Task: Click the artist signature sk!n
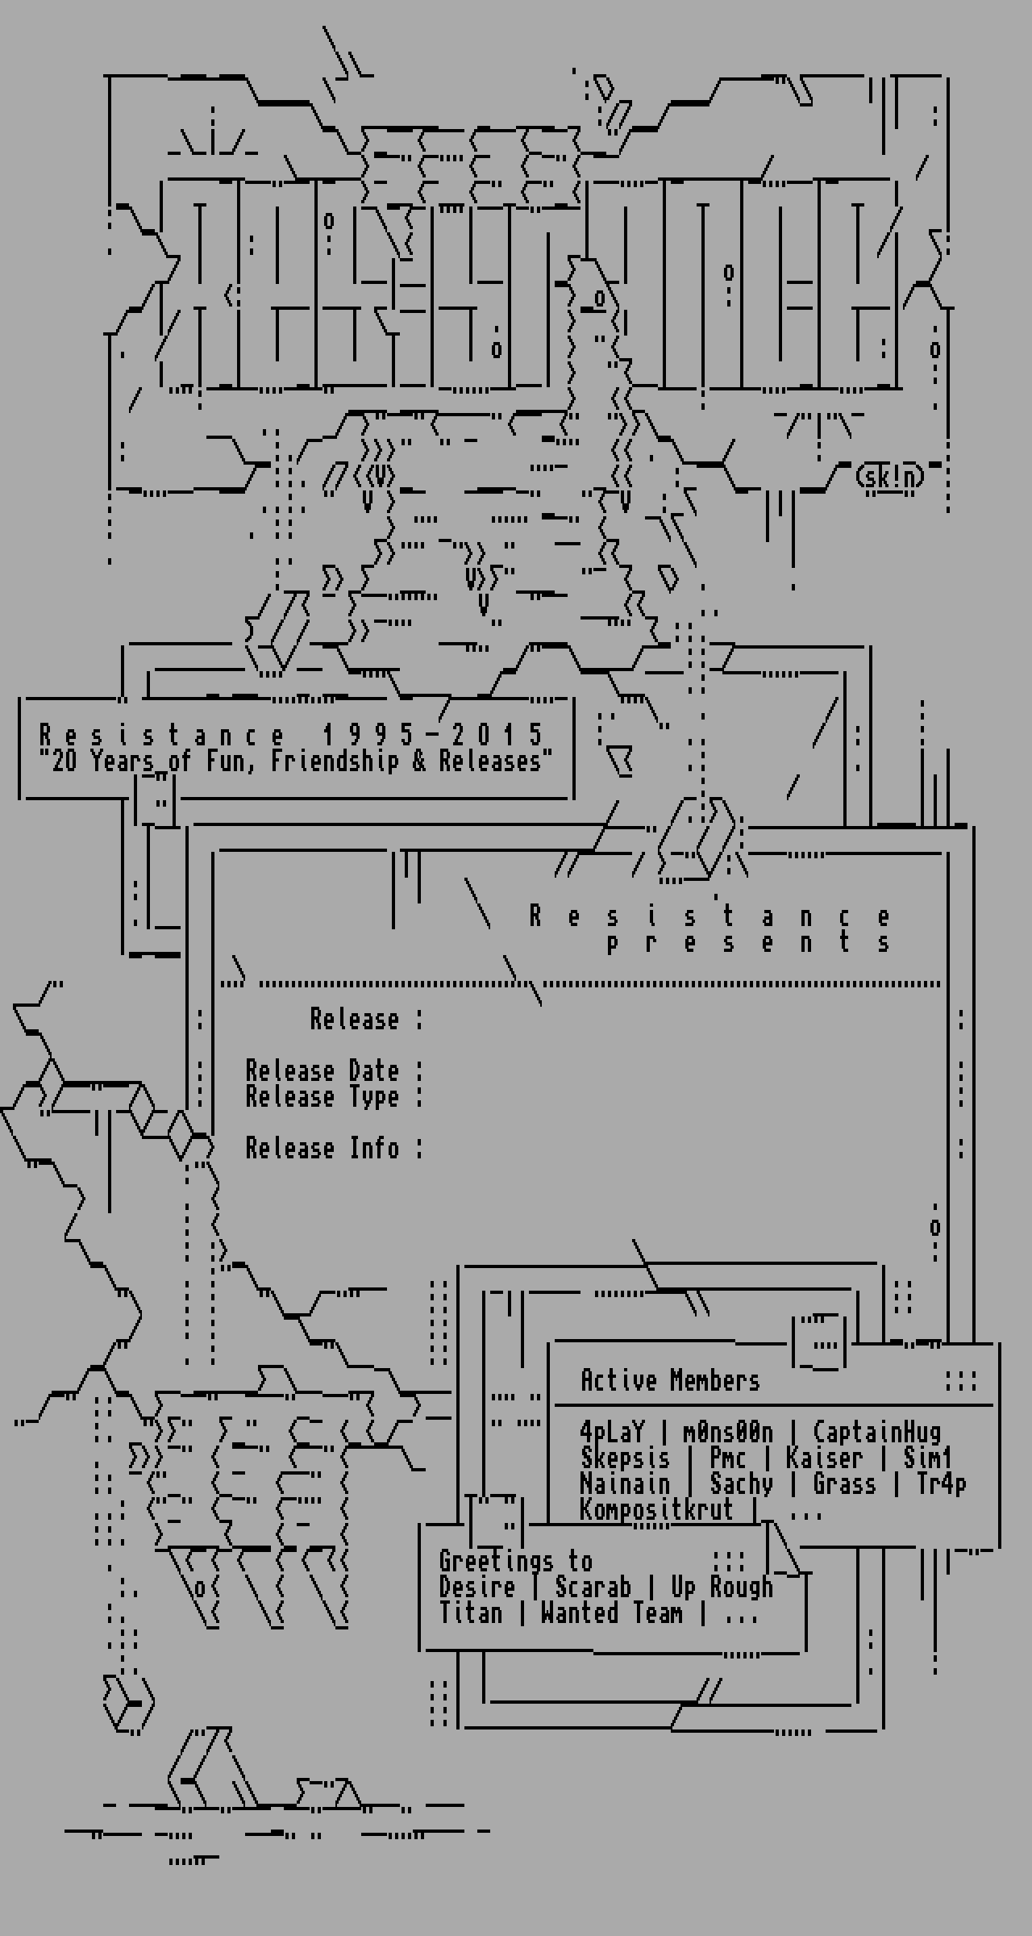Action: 890,477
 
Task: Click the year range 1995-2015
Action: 433,735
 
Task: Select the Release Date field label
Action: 322,1070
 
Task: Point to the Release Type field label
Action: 322,1096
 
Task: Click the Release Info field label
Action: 322,1148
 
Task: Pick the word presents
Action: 748,942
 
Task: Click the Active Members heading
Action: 670,1380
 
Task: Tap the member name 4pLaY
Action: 612,1432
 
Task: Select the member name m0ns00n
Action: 728,1432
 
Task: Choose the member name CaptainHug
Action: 876,1432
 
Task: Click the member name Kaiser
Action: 824,1458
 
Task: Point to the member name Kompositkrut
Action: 656,1509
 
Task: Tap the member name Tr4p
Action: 941,1483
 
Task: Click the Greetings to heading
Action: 516,1561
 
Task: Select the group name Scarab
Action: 593,1587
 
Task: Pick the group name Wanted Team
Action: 612,1613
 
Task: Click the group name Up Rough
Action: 722,1587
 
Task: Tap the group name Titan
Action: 471,1613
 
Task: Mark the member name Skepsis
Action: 625,1458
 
